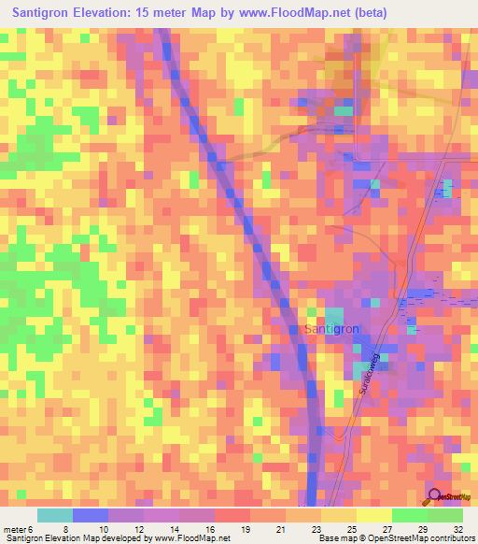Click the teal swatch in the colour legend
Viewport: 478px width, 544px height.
point(55,515)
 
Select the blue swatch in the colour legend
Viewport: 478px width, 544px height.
point(91,515)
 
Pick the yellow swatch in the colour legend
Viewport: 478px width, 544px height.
point(373,515)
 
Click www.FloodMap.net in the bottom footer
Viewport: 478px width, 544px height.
point(190,539)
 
